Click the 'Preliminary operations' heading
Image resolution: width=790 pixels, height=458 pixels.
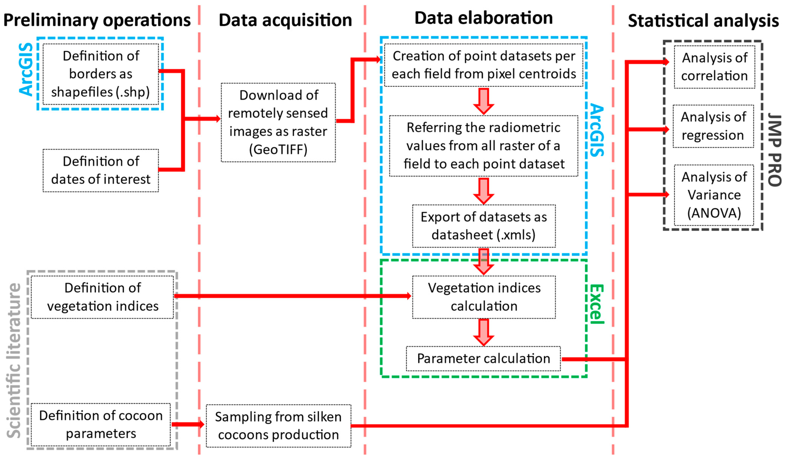(x=97, y=20)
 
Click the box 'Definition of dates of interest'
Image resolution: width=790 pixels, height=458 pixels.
(x=101, y=170)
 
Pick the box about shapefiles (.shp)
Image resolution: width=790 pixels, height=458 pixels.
(x=101, y=74)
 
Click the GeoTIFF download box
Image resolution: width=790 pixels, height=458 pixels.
(x=278, y=123)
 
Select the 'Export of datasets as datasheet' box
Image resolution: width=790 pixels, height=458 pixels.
(x=483, y=226)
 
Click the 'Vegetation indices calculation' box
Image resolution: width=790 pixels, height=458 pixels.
(x=484, y=297)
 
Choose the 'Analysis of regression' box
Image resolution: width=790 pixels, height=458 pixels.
(x=713, y=126)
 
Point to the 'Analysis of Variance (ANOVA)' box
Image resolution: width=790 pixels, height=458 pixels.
(x=714, y=195)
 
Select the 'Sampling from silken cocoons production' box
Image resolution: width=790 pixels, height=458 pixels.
(x=278, y=426)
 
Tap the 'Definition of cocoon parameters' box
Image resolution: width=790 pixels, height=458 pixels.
(x=101, y=424)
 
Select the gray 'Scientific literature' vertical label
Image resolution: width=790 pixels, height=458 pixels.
(x=14, y=360)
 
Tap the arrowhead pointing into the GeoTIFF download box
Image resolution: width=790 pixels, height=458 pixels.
(x=218, y=119)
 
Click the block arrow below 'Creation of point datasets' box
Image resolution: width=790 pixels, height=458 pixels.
(x=483, y=101)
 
